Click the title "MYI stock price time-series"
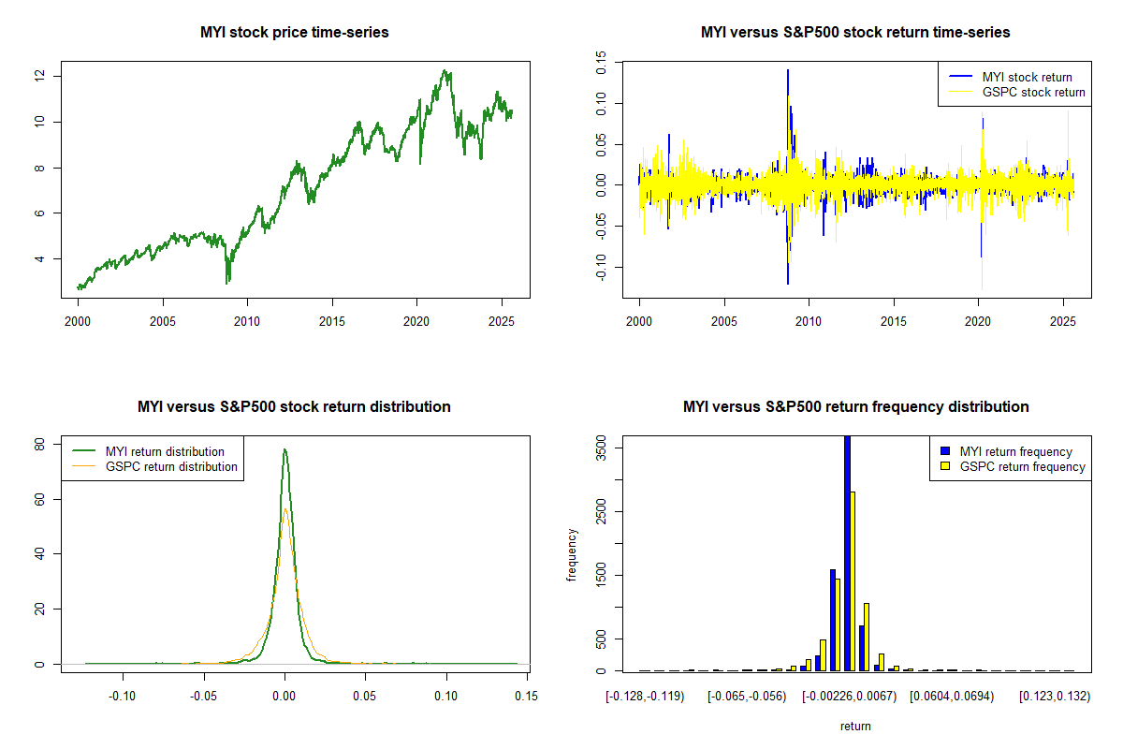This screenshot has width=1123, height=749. [294, 33]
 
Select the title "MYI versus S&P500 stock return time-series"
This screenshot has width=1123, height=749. [855, 33]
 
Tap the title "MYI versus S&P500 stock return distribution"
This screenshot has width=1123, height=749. [294, 407]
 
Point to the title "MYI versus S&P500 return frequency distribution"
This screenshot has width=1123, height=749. [855, 407]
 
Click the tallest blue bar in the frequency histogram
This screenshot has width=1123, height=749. [847, 552]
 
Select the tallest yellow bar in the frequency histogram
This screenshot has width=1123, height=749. [853, 580]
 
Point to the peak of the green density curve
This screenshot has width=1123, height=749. [284, 449]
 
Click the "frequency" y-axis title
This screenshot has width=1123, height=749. [572, 555]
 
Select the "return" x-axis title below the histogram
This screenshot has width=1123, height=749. [855, 726]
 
